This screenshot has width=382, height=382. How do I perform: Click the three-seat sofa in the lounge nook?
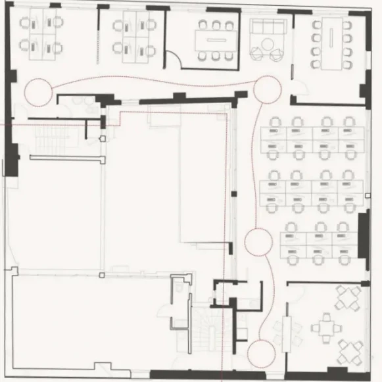click(x=268, y=29)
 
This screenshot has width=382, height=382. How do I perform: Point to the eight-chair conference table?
click(x=332, y=43)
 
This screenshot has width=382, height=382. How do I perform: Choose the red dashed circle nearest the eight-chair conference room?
click(x=268, y=89)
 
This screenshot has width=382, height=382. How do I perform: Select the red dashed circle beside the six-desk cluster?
click(x=258, y=241)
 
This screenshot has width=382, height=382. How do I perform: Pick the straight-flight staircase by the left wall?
click(x=47, y=138)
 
